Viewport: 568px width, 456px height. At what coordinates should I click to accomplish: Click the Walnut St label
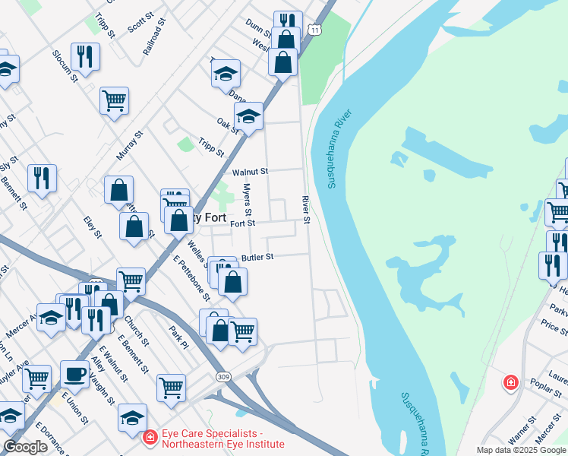point(251,173)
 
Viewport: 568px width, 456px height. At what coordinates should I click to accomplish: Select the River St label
point(307,210)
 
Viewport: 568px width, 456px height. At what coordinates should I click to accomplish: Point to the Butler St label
point(257,258)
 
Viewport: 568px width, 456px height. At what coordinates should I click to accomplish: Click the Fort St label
point(242,223)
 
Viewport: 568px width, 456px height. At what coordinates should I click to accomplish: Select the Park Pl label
point(179,338)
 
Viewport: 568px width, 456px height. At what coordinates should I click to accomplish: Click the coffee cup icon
point(74,373)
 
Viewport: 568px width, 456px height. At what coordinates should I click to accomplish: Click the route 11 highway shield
point(315,30)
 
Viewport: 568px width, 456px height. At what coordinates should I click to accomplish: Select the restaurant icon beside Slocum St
point(85,56)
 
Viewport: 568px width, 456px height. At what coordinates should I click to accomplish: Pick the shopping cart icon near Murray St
point(114,100)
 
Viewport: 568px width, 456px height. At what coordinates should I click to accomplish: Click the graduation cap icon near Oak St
point(248,116)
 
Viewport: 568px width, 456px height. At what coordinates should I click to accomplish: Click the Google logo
point(25,448)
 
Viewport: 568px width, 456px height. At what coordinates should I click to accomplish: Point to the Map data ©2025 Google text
point(520,450)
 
